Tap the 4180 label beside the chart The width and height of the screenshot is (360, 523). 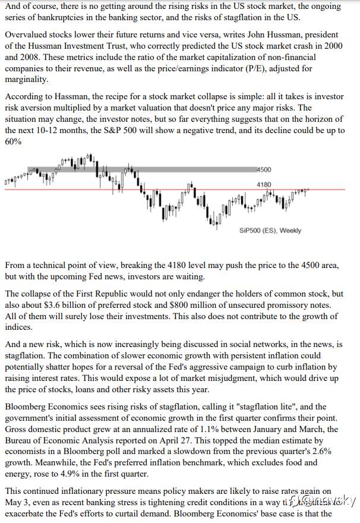(264, 185)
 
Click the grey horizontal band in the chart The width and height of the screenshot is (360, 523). (178, 170)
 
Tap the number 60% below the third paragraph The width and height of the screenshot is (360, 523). (13, 141)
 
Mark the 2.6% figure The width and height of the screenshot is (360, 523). (318, 452)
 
